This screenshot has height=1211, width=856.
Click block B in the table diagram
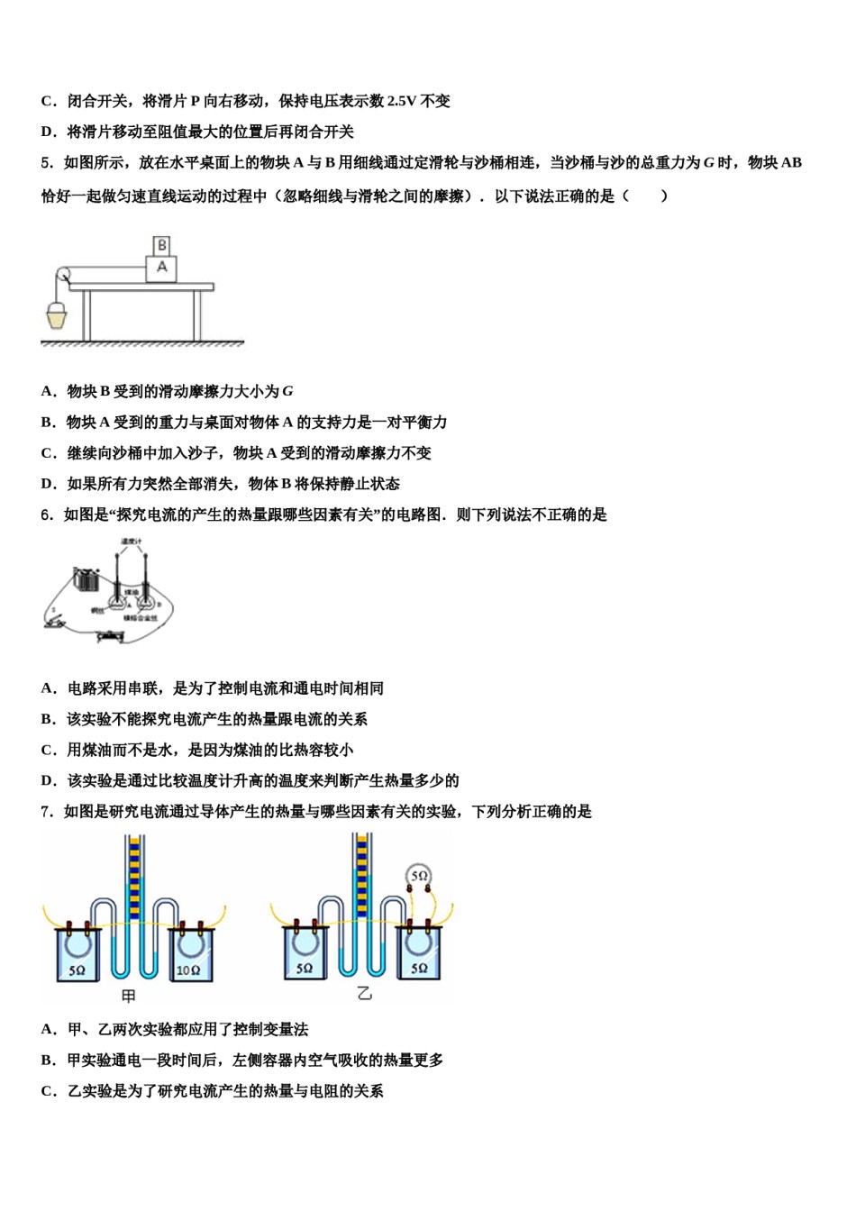coord(162,245)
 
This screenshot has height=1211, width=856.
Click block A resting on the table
coord(162,268)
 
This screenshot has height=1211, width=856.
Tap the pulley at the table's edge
coord(63,275)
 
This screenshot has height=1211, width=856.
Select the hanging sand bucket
coord(57,315)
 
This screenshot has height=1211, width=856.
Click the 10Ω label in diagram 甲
coord(187,970)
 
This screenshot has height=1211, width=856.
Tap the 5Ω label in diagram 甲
coord(77,970)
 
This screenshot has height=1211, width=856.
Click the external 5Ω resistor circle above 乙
coord(419,875)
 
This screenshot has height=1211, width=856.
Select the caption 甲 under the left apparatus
coord(129,996)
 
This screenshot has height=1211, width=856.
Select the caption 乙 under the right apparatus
coord(364,994)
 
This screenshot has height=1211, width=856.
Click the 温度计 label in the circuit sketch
coord(132,542)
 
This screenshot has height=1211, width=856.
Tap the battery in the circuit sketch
coord(87,578)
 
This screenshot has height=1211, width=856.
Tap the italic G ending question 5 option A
coord(287,392)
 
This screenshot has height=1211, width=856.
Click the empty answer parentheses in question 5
coord(644,196)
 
